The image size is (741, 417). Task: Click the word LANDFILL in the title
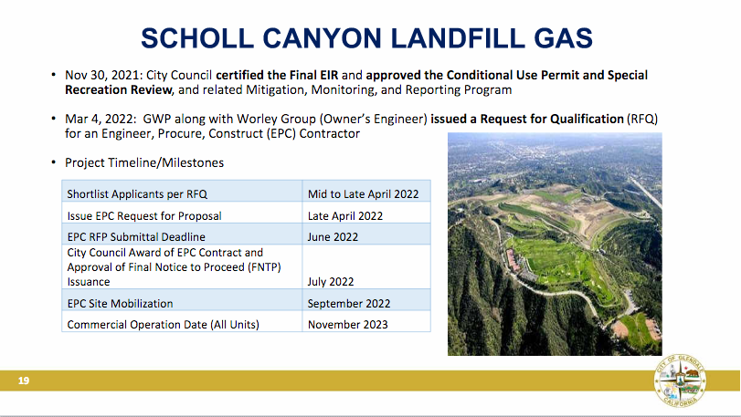tap(457, 38)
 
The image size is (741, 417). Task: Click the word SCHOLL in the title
tap(197, 38)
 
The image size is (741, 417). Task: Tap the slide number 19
tap(24, 381)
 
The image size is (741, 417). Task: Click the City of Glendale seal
tap(680, 381)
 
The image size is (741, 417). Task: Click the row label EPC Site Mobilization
tap(120, 303)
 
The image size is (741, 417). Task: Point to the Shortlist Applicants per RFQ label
tap(137, 193)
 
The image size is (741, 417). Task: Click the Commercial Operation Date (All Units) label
tap(163, 325)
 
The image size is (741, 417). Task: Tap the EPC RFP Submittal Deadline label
tap(136, 237)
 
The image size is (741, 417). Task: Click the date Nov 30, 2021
tap(103, 76)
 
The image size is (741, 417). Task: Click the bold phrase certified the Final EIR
tap(277, 76)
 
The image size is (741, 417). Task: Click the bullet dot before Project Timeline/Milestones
tap(53, 162)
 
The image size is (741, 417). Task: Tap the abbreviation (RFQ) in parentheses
tap(642, 119)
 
